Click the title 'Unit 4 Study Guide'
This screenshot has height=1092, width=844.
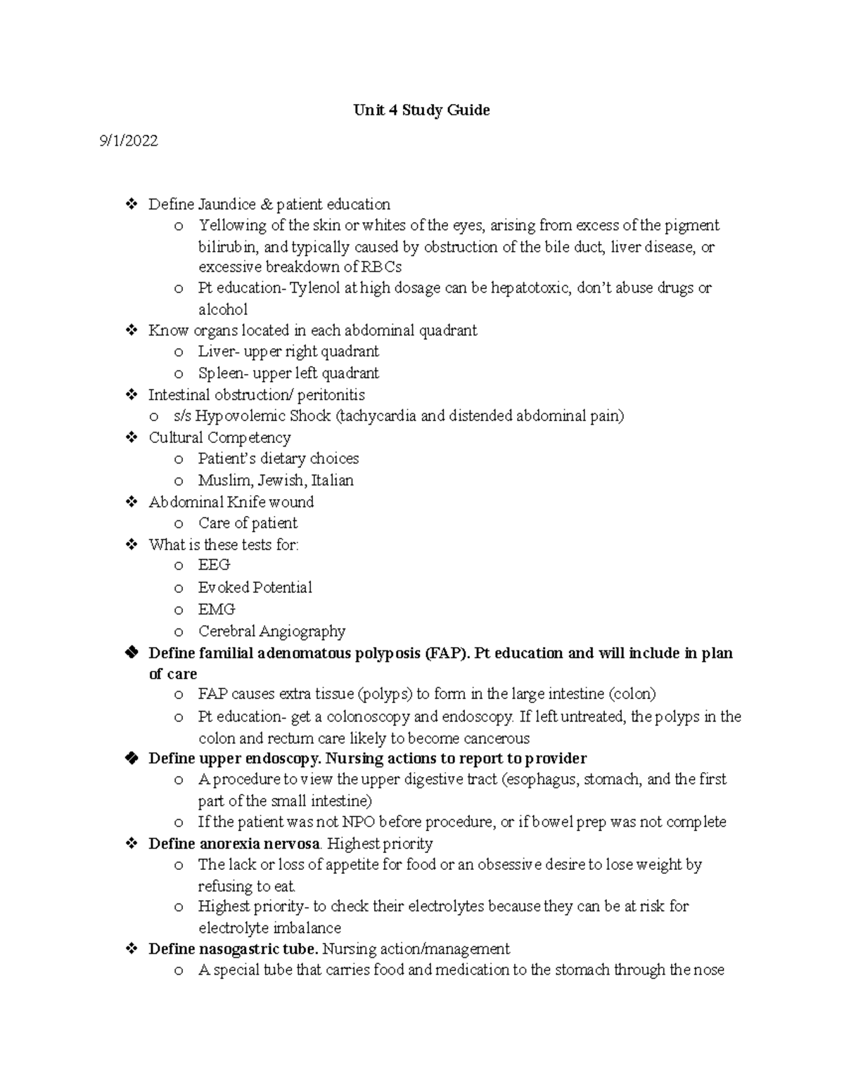(x=421, y=110)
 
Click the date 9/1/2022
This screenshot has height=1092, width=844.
(x=129, y=141)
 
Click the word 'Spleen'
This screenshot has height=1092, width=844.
(x=220, y=373)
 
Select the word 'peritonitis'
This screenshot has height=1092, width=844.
(x=331, y=395)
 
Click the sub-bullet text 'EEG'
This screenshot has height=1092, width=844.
(x=214, y=565)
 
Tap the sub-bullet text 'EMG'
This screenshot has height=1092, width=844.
(x=216, y=610)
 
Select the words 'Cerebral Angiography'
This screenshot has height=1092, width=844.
(x=271, y=631)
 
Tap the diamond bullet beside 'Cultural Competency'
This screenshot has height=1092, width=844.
(x=131, y=438)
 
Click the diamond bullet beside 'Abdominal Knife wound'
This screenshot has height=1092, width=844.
(x=131, y=502)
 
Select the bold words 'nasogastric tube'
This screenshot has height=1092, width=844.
(x=259, y=949)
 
